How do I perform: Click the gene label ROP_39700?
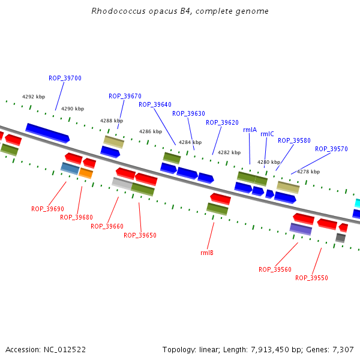65,78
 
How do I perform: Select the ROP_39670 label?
125,96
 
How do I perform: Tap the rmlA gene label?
250,130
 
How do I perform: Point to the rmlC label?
267,134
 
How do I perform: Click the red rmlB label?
207,253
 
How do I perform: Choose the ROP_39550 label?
311,278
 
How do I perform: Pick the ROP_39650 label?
140,235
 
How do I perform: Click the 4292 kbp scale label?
34,97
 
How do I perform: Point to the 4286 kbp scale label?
151,131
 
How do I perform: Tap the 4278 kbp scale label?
308,172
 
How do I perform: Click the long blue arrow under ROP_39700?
47,133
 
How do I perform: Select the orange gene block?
86,173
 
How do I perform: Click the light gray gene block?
122,184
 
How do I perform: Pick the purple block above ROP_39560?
301,229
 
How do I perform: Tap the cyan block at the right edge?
357,203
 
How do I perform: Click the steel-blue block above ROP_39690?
70,169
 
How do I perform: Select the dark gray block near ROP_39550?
340,238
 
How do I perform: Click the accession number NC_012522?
65,350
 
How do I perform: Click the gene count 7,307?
343,350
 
